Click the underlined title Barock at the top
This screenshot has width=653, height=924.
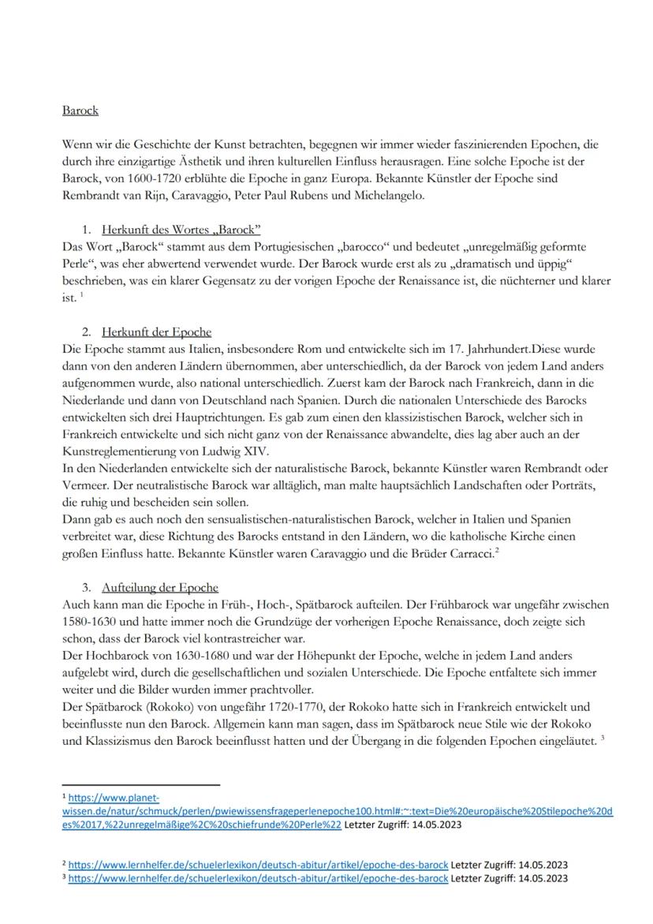[80, 110]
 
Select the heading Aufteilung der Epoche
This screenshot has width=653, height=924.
[160, 588]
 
